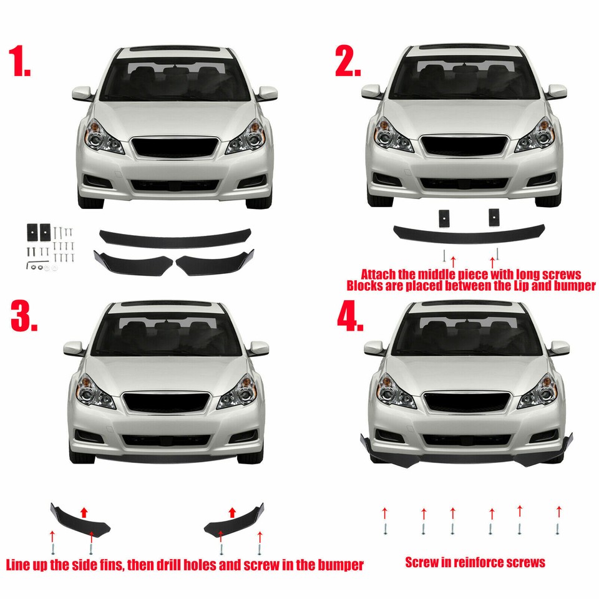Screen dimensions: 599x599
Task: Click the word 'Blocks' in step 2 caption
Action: [369, 286]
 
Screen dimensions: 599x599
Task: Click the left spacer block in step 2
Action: [444, 218]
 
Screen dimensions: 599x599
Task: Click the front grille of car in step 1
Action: [175, 148]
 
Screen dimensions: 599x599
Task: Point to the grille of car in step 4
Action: [466, 402]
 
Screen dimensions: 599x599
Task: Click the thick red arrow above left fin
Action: [83, 512]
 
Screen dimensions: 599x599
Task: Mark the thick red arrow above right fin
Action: [232, 512]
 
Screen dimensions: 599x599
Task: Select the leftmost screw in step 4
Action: [385, 528]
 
